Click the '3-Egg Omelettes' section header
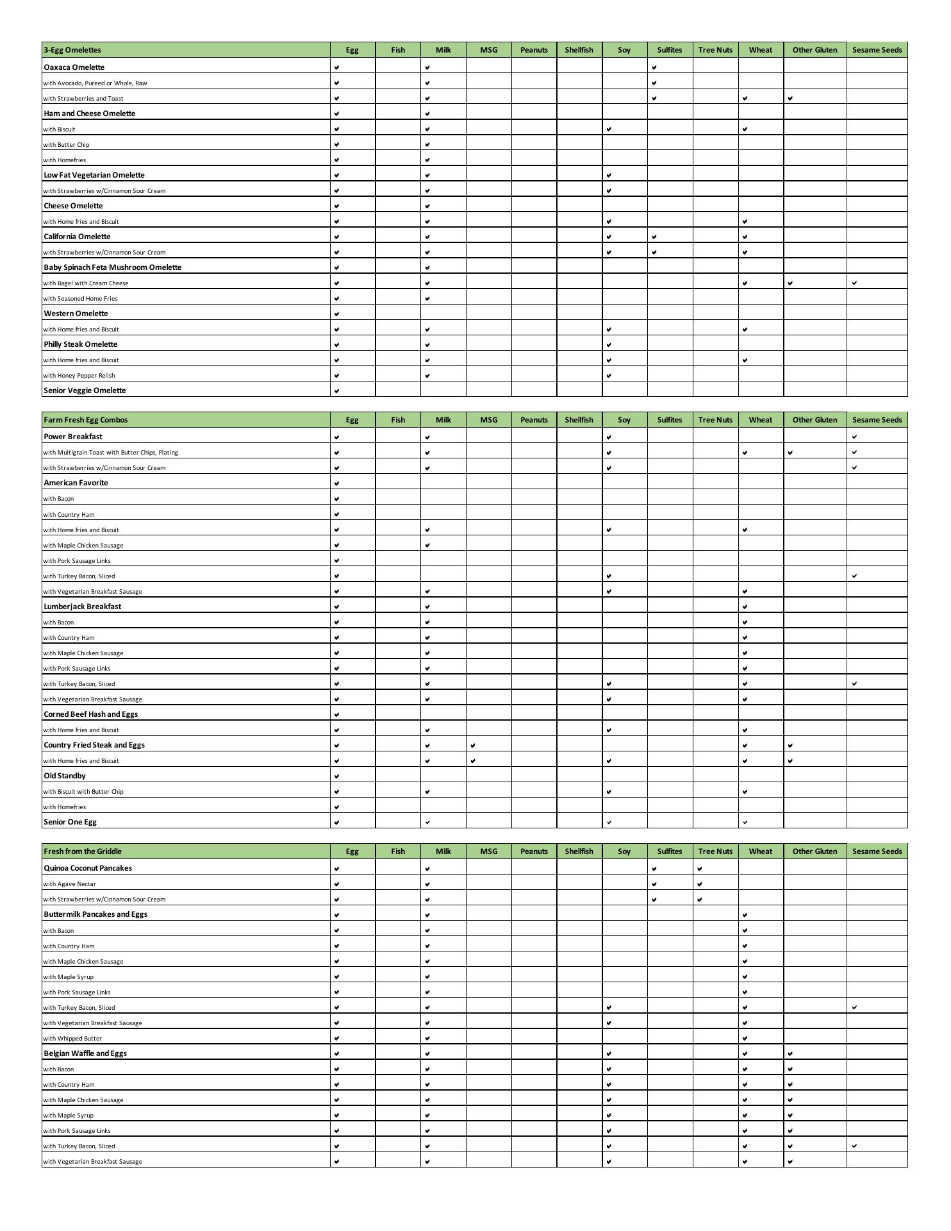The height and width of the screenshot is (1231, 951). pos(72,50)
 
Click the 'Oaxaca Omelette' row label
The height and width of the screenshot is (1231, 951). pos(74,67)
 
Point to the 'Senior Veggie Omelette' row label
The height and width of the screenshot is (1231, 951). pos(85,390)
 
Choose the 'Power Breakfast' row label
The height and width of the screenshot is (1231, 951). pos(73,437)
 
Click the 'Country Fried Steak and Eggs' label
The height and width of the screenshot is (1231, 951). pos(94,745)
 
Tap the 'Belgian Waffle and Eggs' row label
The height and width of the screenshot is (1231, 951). pos(85,1053)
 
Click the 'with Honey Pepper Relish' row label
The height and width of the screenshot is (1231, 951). pos(79,376)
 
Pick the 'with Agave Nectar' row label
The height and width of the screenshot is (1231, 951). pos(69,884)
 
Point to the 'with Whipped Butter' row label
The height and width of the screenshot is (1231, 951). pos(72,1039)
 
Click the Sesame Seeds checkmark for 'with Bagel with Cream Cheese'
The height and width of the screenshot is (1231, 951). pos(854,283)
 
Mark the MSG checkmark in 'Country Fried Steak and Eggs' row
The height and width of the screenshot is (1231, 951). pos(473,745)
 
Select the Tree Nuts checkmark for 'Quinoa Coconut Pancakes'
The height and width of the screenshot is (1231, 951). pos(700,869)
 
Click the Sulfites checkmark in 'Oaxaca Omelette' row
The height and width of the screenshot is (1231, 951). pos(654,67)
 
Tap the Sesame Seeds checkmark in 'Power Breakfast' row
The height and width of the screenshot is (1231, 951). pos(854,437)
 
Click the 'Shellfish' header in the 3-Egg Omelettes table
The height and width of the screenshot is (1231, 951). pos(579,50)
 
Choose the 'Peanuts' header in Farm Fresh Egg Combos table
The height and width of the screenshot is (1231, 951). pos(534,420)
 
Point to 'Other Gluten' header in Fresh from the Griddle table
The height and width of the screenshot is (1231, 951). pos(815,851)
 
